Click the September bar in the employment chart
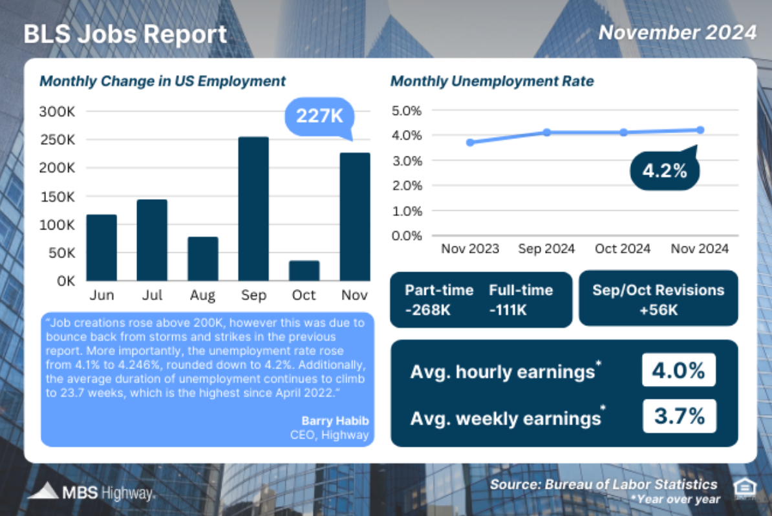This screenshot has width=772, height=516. (253, 208)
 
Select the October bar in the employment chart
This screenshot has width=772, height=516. (304, 270)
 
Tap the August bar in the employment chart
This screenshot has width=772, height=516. (203, 259)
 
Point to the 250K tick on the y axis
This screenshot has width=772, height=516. (58, 140)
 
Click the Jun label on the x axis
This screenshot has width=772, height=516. (102, 296)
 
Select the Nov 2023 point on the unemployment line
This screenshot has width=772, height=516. (470, 142)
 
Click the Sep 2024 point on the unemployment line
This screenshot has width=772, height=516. (546, 132)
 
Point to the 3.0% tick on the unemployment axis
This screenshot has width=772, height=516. (406, 160)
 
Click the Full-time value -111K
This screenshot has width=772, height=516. (508, 310)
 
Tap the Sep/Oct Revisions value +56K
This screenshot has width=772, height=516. (658, 310)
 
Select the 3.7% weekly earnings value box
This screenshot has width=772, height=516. (679, 416)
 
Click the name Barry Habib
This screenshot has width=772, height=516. (335, 421)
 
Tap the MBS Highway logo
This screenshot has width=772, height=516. (91, 493)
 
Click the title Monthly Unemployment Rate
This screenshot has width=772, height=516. (492, 81)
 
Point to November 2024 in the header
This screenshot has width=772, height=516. (677, 32)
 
